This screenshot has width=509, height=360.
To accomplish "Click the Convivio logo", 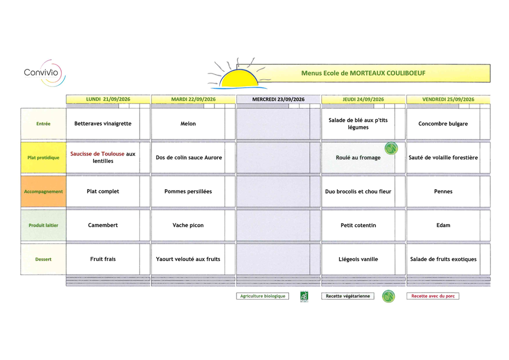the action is (x=45, y=73).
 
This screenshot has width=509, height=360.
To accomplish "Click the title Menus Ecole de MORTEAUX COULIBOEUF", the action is (x=363, y=73).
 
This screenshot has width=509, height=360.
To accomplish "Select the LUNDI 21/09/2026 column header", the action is (x=108, y=99).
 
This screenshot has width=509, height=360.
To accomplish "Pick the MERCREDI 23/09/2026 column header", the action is (x=278, y=99).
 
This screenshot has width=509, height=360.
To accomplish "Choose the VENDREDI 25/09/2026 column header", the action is (x=448, y=99).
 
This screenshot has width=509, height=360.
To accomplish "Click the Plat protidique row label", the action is (x=44, y=158).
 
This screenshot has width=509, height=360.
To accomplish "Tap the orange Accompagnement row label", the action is (x=44, y=192).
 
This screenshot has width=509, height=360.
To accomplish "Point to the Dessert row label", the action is (x=44, y=259).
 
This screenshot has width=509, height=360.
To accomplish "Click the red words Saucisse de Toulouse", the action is (x=97, y=154).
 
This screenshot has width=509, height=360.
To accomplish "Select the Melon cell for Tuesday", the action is (x=188, y=124).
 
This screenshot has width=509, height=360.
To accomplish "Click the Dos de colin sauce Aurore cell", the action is (x=188, y=158).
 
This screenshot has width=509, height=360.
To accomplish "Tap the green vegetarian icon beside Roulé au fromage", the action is (x=391, y=148).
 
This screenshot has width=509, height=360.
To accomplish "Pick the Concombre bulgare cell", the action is (x=443, y=124).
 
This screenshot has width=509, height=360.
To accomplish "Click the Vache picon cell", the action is (x=188, y=225).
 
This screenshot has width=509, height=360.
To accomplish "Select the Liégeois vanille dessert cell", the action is (x=359, y=259).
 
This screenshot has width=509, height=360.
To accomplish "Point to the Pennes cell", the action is (x=443, y=192).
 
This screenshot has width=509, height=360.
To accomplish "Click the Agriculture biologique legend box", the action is (x=262, y=296).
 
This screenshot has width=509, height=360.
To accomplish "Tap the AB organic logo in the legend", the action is (x=304, y=297).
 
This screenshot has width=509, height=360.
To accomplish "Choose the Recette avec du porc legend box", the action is (x=433, y=296).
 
